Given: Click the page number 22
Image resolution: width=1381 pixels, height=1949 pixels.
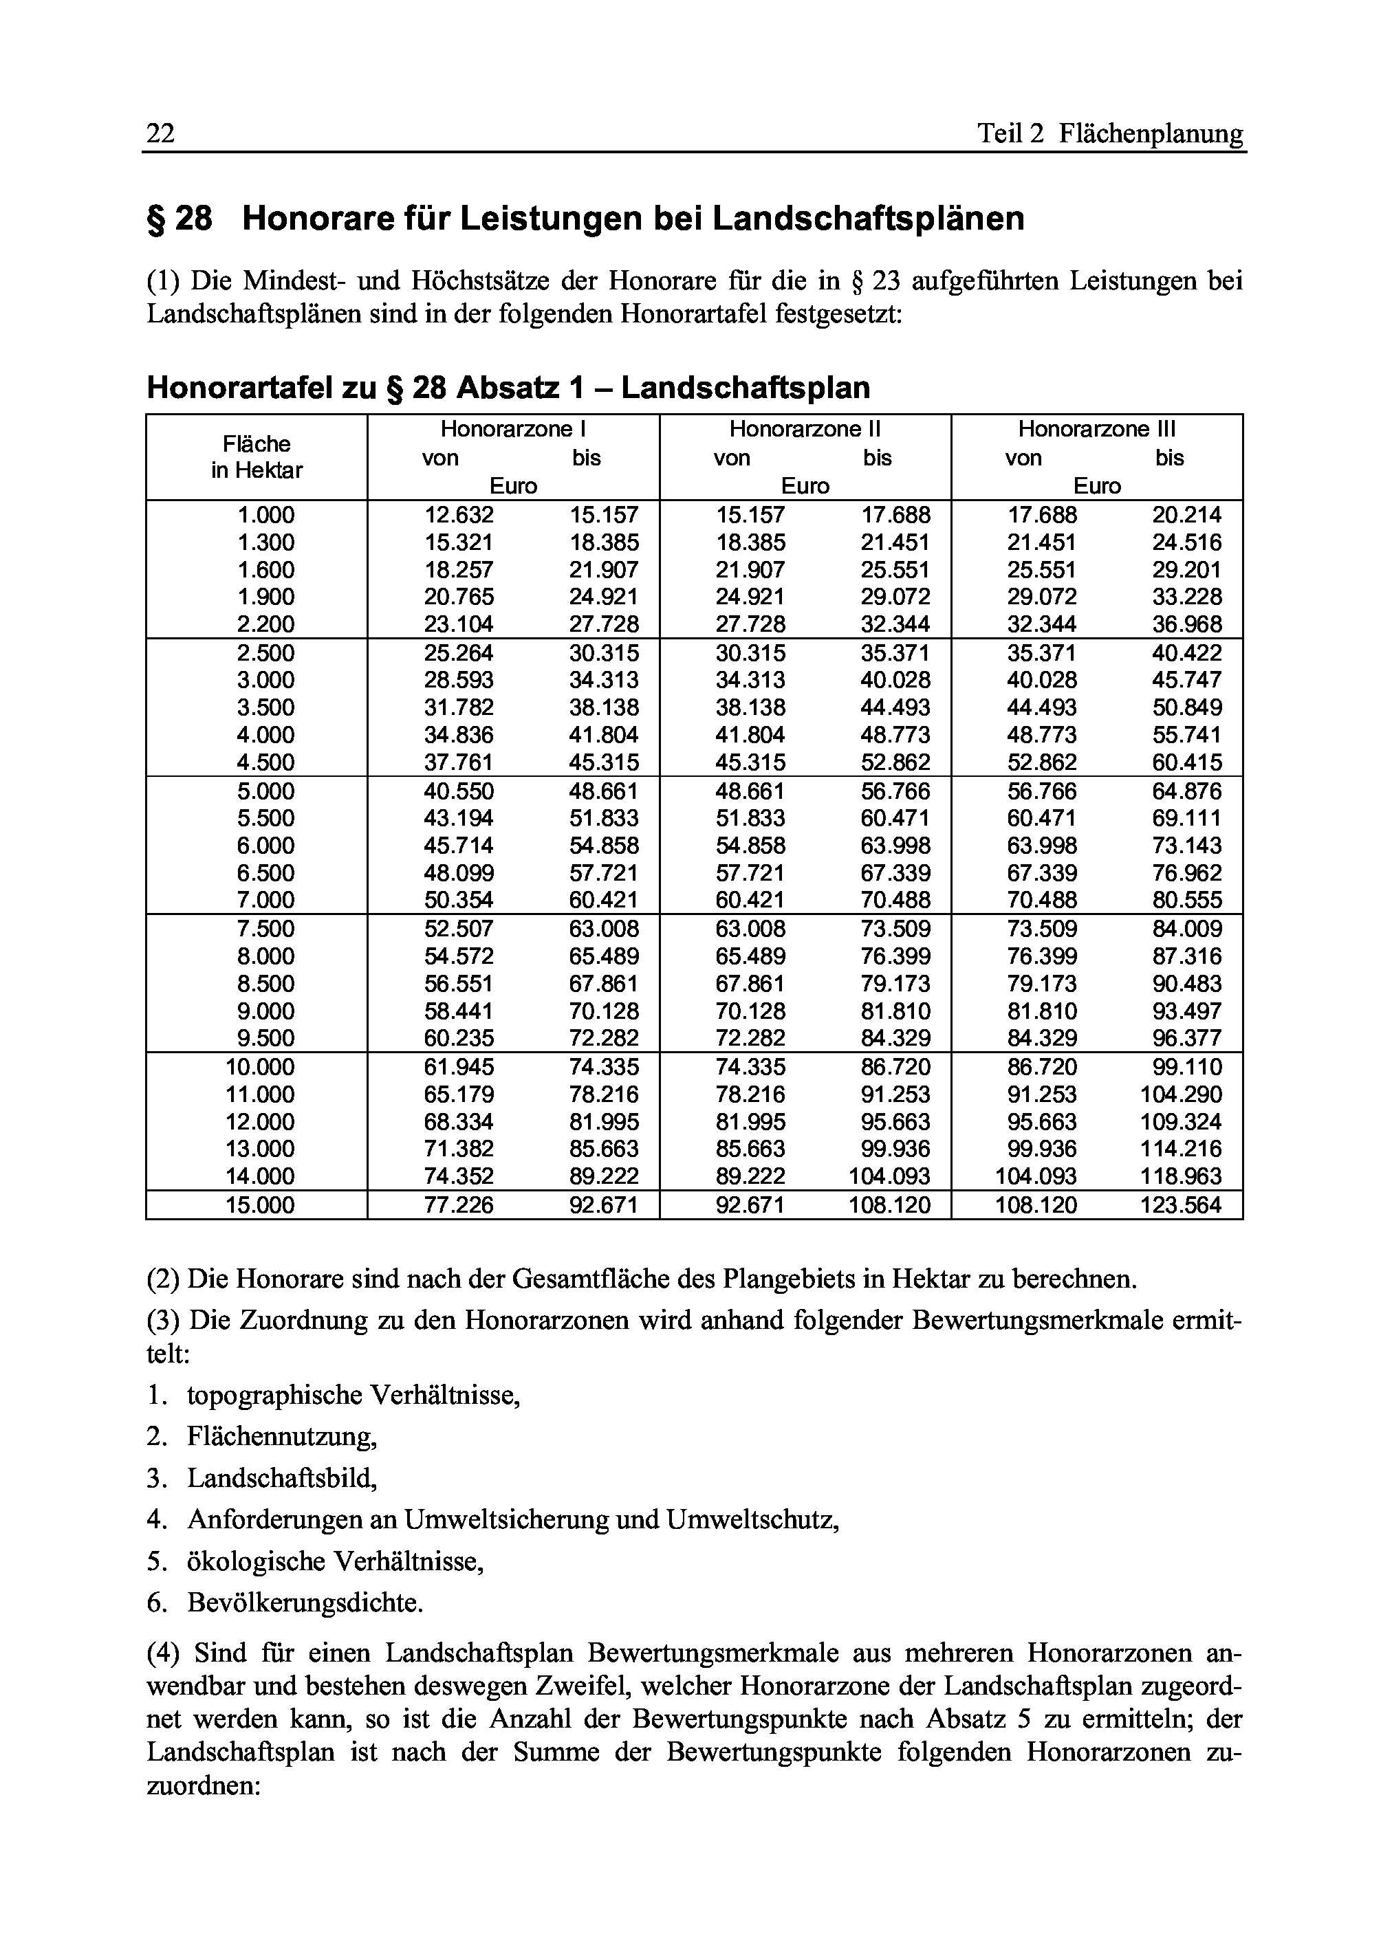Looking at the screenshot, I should pyautogui.click(x=161, y=134).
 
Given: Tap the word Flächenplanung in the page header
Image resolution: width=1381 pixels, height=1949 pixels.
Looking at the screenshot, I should pyautogui.click(x=1151, y=134).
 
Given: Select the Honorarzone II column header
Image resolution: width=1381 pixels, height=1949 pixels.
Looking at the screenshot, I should pyautogui.click(x=805, y=429).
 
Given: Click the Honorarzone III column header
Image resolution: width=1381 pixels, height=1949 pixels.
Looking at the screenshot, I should pyautogui.click(x=1096, y=429).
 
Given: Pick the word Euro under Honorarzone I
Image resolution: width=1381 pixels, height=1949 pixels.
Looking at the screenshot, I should pyautogui.click(x=513, y=486).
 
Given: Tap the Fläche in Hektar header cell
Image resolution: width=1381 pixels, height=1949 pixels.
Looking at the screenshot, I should pyautogui.click(x=257, y=457).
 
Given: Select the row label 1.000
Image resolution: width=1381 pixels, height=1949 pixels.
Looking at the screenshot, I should pyautogui.click(x=265, y=515).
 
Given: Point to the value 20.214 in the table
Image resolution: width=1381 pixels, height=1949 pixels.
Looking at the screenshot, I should pyautogui.click(x=1186, y=515).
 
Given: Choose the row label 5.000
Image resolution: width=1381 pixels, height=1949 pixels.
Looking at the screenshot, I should pyautogui.click(x=265, y=791).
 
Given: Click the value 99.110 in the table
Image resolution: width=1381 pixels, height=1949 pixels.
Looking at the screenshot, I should pyautogui.click(x=1186, y=1067).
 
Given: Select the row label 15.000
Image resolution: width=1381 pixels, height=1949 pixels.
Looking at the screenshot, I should pyautogui.click(x=260, y=1205).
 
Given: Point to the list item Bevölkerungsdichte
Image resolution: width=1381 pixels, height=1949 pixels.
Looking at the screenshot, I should pyautogui.click(x=305, y=1603).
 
